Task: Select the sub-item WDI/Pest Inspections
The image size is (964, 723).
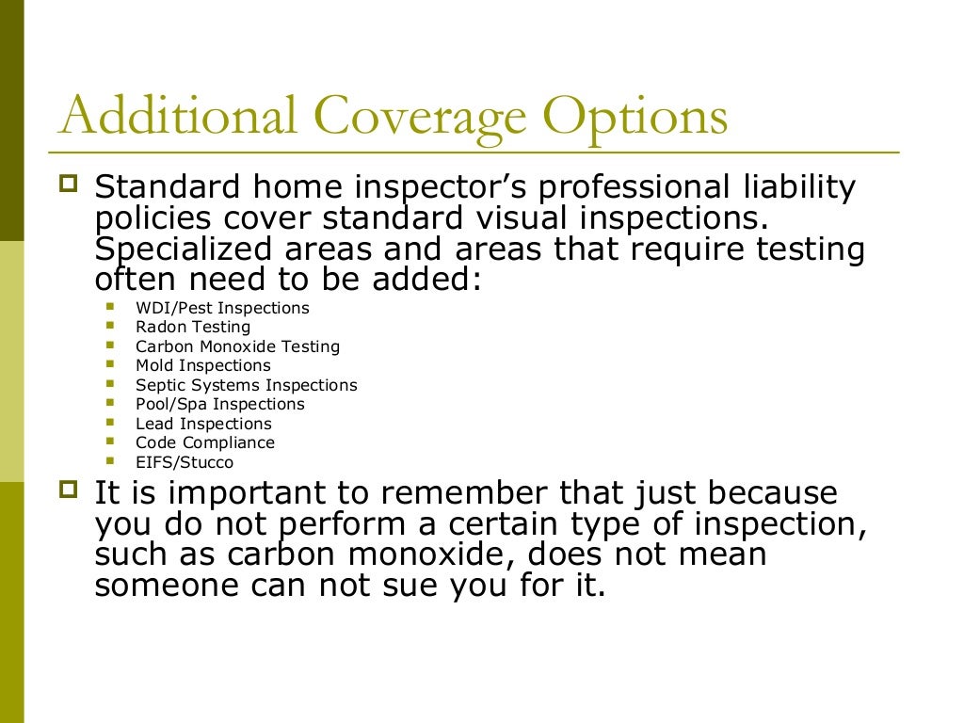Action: pos(222,308)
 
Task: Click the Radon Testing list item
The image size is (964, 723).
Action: pos(193,327)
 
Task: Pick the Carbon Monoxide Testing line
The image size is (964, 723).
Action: pos(237,346)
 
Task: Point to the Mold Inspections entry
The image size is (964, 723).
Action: pos(202,365)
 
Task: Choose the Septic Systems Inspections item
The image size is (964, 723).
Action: pos(246,385)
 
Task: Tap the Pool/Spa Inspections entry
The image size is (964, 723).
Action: pos(220,404)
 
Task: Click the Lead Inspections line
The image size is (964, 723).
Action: pos(203,424)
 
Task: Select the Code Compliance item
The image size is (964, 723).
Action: pos(205,442)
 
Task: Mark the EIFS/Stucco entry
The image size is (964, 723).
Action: pos(185,462)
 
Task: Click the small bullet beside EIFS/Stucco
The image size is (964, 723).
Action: pos(111,460)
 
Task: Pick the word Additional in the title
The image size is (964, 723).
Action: pos(179,117)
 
